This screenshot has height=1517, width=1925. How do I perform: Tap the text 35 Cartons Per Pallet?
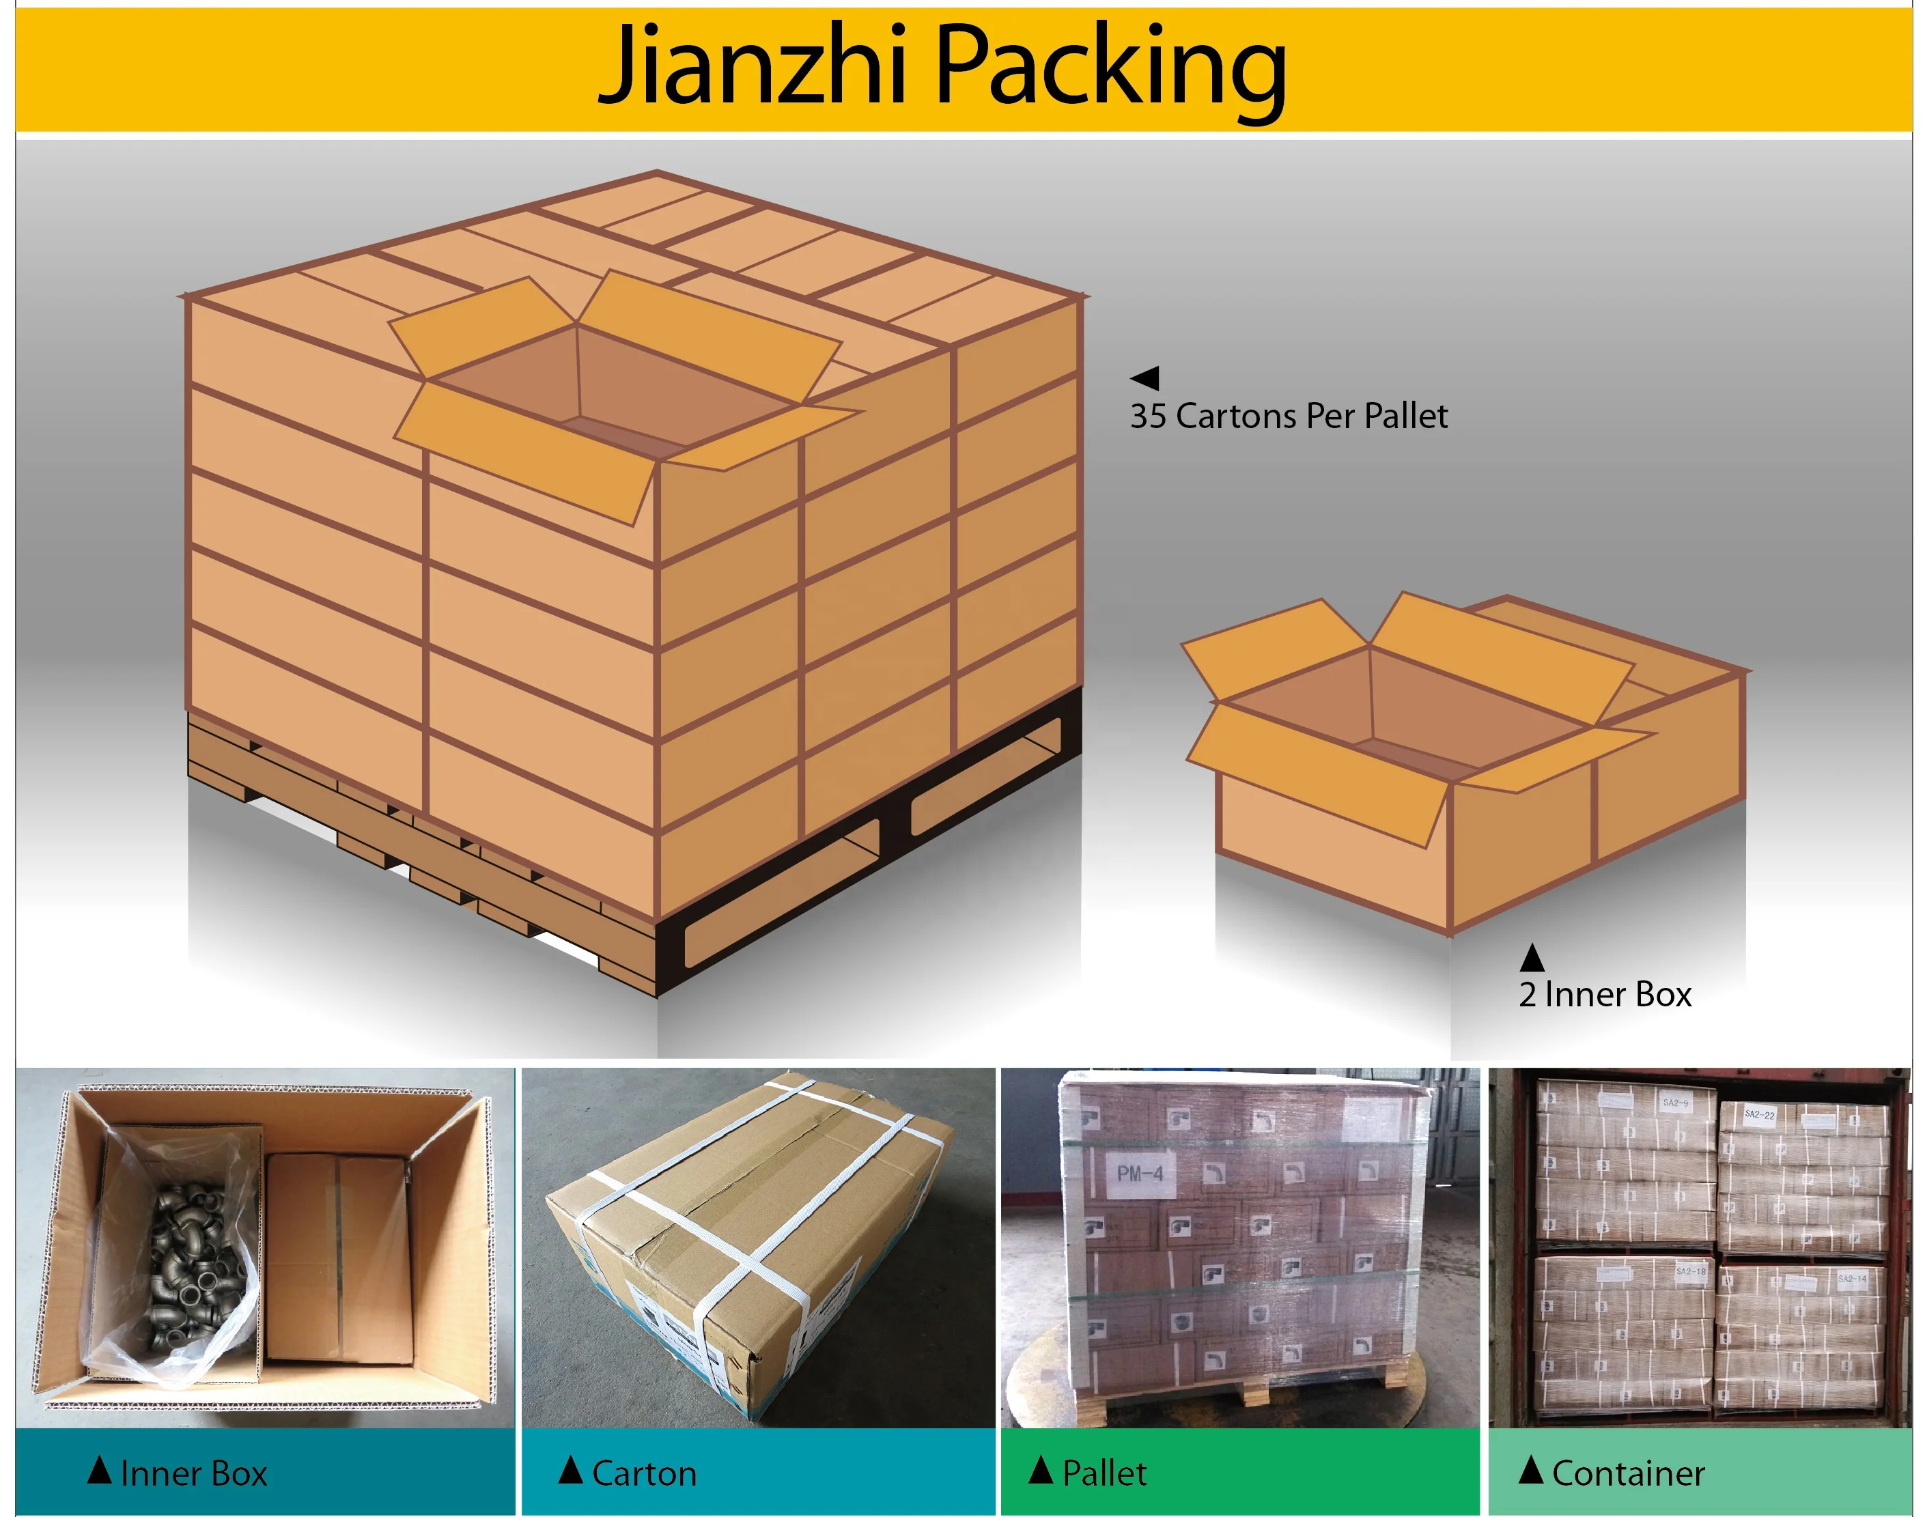click(1288, 416)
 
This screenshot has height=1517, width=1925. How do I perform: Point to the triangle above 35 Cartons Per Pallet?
click(1145, 378)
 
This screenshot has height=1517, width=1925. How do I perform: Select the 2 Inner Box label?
click(1604, 995)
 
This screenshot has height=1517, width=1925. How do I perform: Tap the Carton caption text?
click(644, 1473)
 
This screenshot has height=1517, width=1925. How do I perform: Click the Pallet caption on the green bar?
click(1104, 1473)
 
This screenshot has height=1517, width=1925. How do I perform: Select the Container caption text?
click(1627, 1473)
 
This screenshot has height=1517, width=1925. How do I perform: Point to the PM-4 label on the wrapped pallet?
click(1140, 1174)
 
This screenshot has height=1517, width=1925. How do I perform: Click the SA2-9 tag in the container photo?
click(1675, 1103)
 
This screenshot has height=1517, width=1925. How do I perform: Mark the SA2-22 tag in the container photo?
click(1759, 1114)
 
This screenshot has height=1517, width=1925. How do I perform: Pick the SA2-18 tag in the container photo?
click(1691, 1272)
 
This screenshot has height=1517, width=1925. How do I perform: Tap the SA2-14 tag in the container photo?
click(1852, 1279)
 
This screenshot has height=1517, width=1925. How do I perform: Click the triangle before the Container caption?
click(1530, 1470)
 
